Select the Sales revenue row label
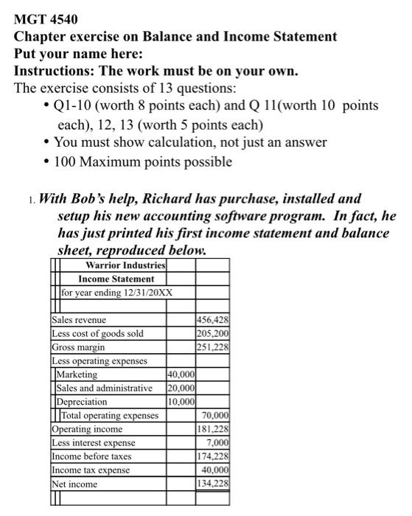click(x=79, y=320)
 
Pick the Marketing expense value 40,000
click(x=181, y=374)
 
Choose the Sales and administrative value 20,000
click(x=181, y=388)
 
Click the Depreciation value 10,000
click(x=181, y=402)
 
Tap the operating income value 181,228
click(x=213, y=429)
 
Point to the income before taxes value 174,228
click(x=213, y=456)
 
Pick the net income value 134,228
click(x=213, y=484)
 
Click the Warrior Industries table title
click(x=116, y=265)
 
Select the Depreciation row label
click(x=82, y=402)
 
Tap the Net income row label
click(x=74, y=484)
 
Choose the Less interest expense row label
click(x=94, y=443)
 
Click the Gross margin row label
click(x=78, y=347)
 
